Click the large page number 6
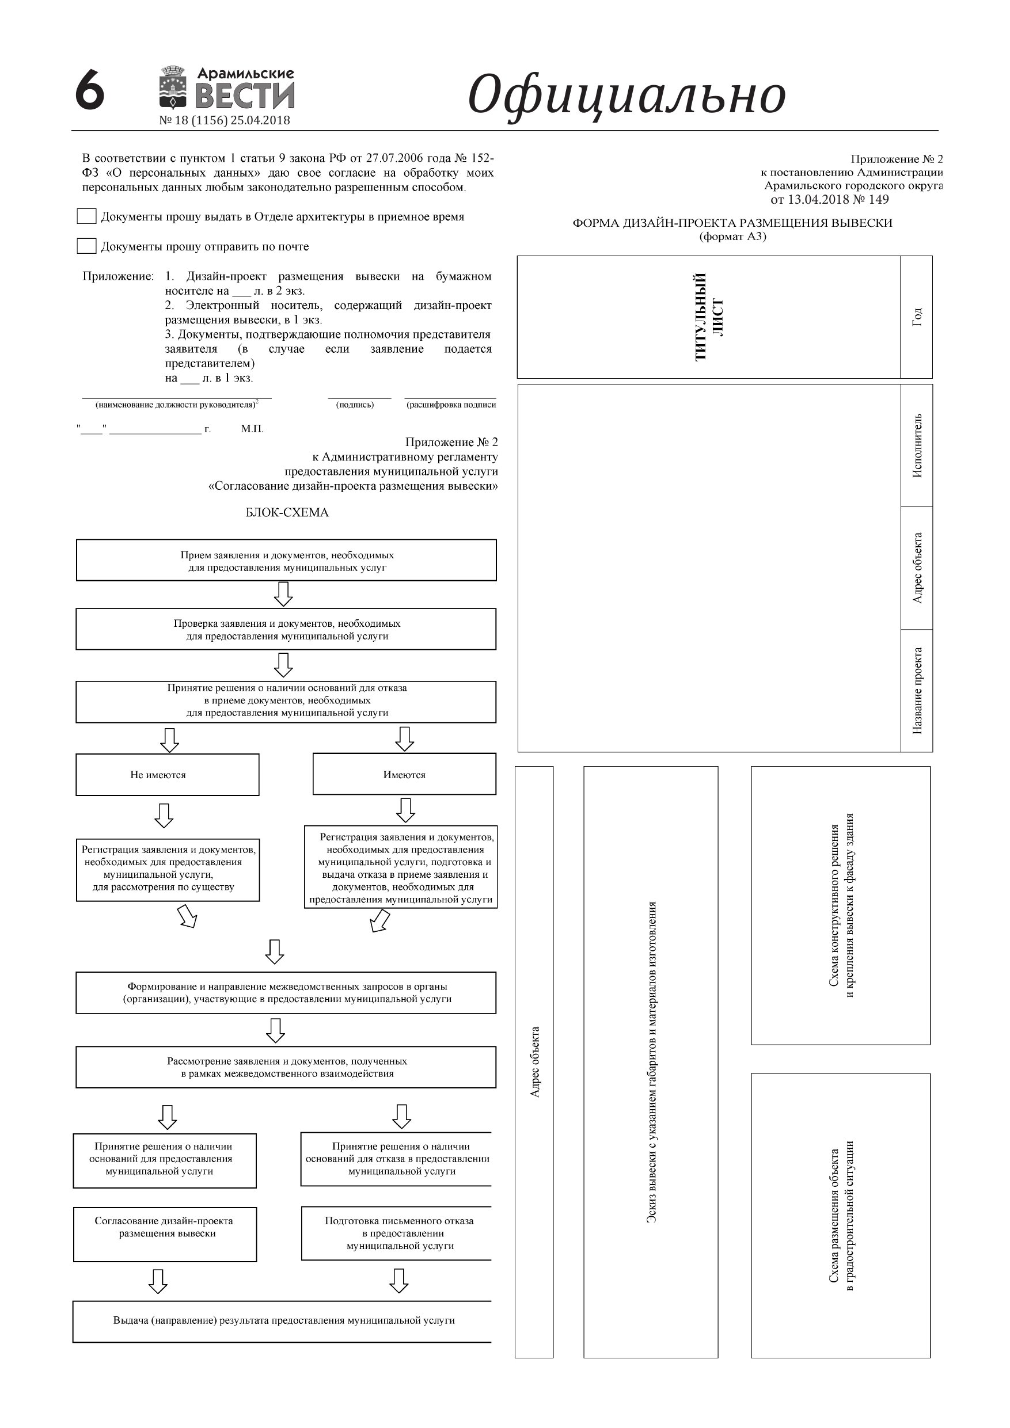90,90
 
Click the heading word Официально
626,95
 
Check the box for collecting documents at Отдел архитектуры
86,216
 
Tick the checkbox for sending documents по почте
86,246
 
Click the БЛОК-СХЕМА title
287,512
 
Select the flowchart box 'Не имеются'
168,774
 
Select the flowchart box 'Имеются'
404,774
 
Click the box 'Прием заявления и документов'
286,561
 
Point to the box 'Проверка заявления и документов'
286,630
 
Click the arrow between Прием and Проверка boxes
284,594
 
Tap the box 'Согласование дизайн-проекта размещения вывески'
165,1234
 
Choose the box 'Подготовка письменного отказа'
398,1233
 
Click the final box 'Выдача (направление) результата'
283,1320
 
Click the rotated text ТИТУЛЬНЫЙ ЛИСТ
708,317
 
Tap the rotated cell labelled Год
916,317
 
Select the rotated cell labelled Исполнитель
916,445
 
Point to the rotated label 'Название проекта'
916,690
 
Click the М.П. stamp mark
252,429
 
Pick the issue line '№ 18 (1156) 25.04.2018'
225,121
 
